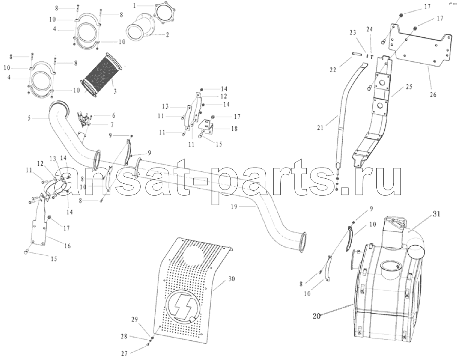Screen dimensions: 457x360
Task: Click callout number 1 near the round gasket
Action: (135, 5)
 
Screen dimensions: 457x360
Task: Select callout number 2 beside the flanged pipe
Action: (167, 35)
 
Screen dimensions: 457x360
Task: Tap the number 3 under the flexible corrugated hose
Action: (115, 91)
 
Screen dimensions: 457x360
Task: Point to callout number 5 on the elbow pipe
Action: (29, 118)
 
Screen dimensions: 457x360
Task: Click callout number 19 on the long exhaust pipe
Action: (234, 207)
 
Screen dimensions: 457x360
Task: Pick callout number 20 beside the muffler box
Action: (317, 316)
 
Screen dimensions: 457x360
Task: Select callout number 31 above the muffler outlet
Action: (436, 214)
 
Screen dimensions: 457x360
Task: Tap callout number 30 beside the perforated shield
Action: (231, 279)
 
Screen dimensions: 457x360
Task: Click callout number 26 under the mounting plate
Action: (433, 94)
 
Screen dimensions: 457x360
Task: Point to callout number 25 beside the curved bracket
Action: (409, 86)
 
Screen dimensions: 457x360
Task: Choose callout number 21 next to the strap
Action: (320, 127)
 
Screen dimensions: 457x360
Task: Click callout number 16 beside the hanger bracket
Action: (67, 246)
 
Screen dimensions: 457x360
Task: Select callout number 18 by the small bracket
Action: (234, 128)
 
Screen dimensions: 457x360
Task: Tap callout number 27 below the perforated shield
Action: (125, 354)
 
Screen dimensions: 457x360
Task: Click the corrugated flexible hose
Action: (101, 73)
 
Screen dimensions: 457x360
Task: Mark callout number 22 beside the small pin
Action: (333, 70)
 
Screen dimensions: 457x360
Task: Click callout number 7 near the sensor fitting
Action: (112, 125)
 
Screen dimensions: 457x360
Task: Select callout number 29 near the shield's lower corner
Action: (134, 319)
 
